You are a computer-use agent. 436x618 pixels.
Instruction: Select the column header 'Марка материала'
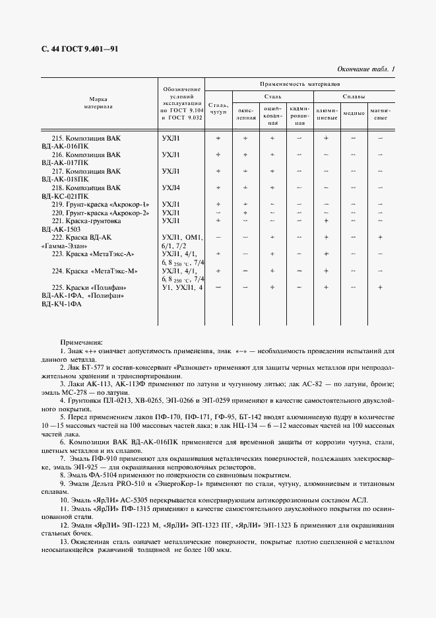[98, 101]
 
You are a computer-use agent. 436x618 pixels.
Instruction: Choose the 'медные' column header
[354, 113]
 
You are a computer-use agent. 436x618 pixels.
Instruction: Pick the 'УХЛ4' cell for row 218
[171, 188]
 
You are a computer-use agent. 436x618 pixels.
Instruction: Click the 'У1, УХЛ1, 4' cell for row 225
[183, 288]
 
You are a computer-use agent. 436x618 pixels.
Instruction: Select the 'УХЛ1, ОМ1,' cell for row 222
[183, 237]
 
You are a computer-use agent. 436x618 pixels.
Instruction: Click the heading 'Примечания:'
[81, 343]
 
